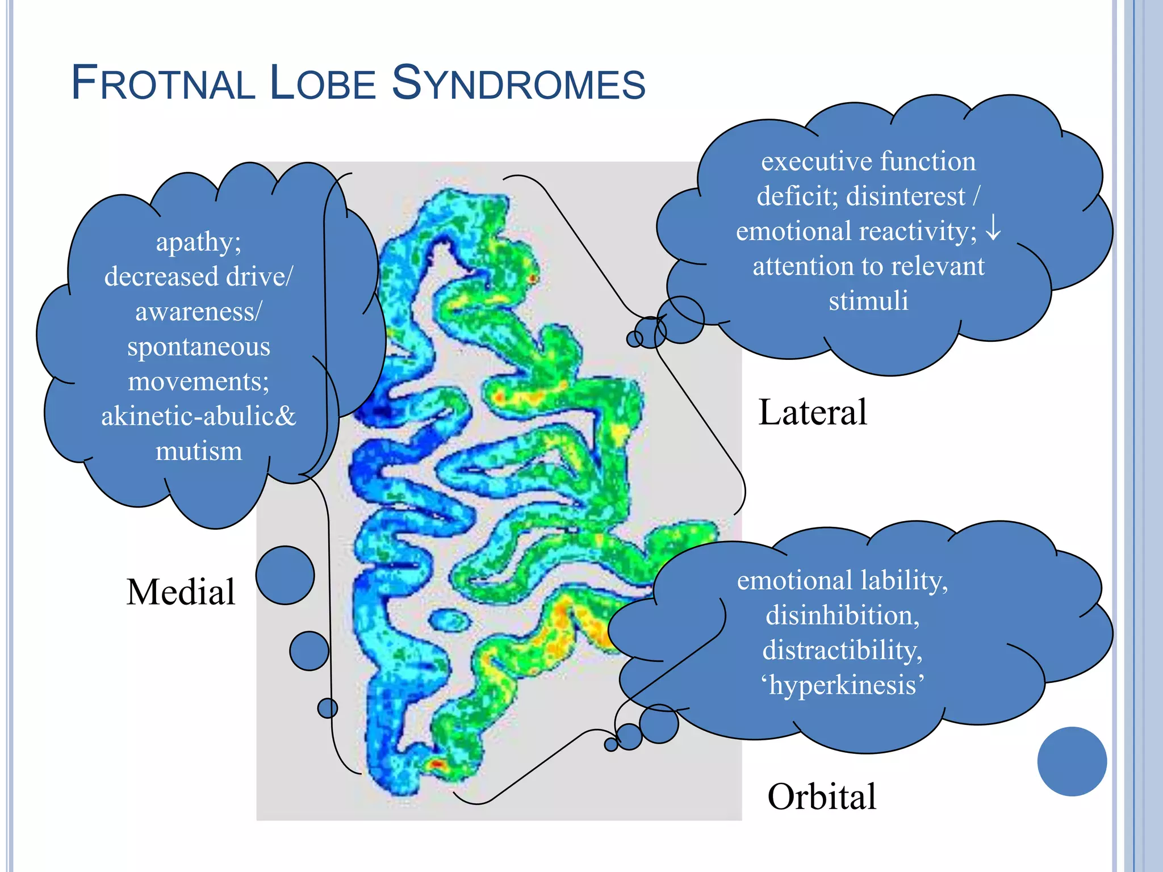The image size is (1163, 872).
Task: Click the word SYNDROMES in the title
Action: click(518, 83)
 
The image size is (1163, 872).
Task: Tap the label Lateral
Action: click(812, 412)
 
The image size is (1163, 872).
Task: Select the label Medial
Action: click(181, 592)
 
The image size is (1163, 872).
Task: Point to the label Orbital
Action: click(821, 796)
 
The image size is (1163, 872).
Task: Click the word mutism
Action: click(199, 451)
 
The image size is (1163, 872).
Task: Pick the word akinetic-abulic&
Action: click(199, 416)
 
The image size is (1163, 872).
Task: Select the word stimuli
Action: click(868, 300)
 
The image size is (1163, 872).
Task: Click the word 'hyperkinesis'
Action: click(842, 685)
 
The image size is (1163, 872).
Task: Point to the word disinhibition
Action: click(842, 615)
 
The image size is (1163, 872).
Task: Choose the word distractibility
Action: click(842, 650)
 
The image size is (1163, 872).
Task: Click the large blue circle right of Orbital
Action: click(1072, 761)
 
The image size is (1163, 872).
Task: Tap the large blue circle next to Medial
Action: click(285, 575)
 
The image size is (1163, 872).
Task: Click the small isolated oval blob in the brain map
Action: click(450, 620)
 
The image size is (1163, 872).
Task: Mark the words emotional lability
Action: click(842, 581)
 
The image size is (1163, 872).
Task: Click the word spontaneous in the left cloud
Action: click(199, 346)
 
